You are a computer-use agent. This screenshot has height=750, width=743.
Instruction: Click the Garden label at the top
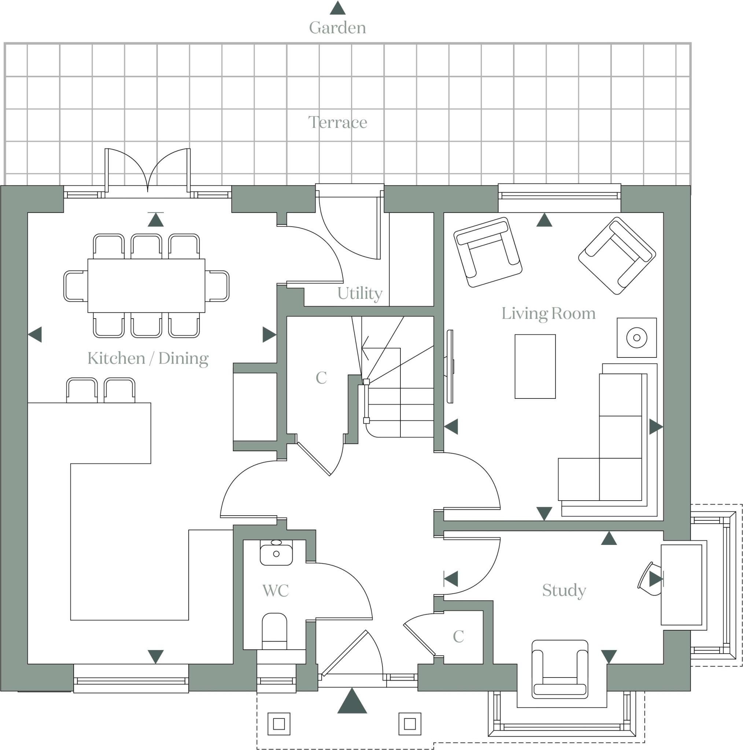tap(337, 28)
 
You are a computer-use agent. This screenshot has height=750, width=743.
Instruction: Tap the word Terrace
tap(337, 123)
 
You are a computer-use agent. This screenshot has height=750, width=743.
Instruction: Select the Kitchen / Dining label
tap(148, 358)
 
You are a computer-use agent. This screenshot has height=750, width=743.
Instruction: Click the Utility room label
tap(360, 293)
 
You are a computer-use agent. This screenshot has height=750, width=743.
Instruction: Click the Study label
tap(564, 590)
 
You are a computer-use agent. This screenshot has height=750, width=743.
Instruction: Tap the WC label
tap(276, 591)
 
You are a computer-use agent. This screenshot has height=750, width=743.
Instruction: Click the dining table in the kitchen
tap(146, 286)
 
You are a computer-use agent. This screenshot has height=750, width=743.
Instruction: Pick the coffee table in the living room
tap(535, 367)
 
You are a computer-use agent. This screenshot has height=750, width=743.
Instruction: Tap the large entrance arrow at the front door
tap(352, 701)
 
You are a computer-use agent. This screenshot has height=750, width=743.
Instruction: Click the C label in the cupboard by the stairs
tap(321, 378)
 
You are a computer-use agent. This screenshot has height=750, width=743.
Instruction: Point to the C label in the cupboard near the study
tap(458, 636)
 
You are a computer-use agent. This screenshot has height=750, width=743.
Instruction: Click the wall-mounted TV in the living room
tap(450, 367)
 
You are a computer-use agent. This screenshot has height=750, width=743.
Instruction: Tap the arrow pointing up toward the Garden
tap(337, 8)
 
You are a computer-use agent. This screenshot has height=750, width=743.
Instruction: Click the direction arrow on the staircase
tap(365, 348)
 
